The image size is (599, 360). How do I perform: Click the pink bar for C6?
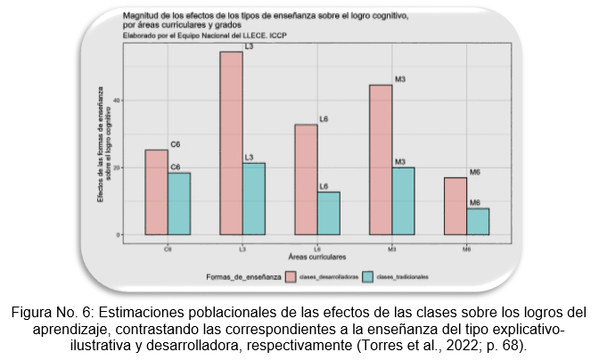pos(156,192)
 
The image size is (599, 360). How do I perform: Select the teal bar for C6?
pos(179,204)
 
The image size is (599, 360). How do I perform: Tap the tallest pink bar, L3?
pos(231,143)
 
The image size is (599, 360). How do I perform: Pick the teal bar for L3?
pos(254,199)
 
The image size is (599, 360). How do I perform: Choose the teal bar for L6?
pos(329,213)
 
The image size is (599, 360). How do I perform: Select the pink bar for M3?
pos(381,160)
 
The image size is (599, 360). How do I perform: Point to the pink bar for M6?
pos(455,206)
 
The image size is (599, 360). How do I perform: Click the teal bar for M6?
pos(479,222)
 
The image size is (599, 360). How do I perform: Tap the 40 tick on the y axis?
pos(116,101)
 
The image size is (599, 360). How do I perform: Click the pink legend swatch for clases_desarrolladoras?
pos(291,277)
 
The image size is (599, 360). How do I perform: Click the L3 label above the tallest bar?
pos(250,45)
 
